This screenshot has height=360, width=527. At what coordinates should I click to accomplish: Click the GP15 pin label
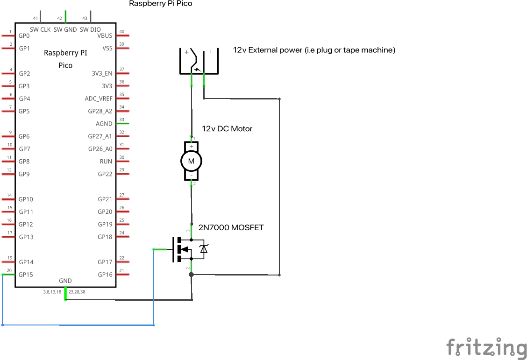pyautogui.click(x=26, y=275)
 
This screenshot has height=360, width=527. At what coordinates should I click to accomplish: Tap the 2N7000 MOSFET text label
pyautogui.click(x=231, y=228)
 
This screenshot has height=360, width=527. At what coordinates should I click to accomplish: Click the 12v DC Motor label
pyautogui.click(x=227, y=128)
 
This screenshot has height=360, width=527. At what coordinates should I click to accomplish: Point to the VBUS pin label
pyautogui.click(x=105, y=35)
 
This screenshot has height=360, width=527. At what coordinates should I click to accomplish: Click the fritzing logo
pyautogui.click(x=486, y=348)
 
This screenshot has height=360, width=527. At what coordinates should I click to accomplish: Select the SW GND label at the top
pyautogui.click(x=65, y=29)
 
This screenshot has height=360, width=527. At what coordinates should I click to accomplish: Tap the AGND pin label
pyautogui.click(x=104, y=124)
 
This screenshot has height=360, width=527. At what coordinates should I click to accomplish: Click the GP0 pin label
pyautogui.click(x=24, y=35)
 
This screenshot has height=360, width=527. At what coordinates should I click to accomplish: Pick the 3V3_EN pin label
pyautogui.click(x=102, y=73)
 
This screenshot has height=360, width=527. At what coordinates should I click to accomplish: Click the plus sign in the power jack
pyautogui.click(x=186, y=52)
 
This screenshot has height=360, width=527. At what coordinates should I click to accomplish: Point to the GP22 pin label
pyautogui.click(x=105, y=174)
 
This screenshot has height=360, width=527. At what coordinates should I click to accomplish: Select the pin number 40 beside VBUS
pyautogui.click(x=121, y=32)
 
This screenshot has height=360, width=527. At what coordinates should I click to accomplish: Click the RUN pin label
pyautogui.click(x=106, y=162)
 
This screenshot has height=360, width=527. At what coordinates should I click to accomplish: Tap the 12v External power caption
pyautogui.click(x=314, y=50)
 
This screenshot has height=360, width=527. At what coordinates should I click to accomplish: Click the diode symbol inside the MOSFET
pyautogui.click(x=203, y=249)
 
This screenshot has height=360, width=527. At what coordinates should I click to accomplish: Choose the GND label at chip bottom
pyautogui.click(x=65, y=281)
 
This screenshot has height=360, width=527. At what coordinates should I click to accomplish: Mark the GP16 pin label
pyautogui.click(x=105, y=275)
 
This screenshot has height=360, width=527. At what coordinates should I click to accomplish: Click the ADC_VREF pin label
pyautogui.click(x=98, y=99)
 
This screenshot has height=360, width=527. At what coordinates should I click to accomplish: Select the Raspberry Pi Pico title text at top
pyautogui.click(x=160, y=4)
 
